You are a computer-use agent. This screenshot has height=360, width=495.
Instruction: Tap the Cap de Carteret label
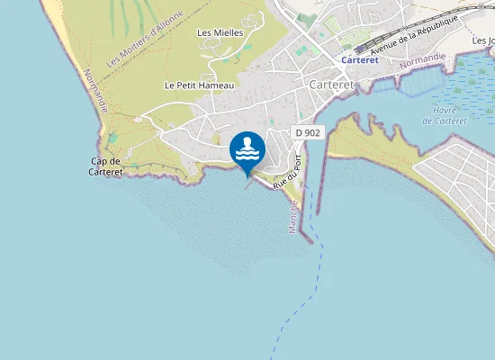pos(105,166)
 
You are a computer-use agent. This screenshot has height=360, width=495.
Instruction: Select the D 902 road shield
pos(307,132)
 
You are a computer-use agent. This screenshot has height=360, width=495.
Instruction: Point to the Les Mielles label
pos(220,33)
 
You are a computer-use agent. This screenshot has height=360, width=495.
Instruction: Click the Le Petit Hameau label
pos(199,85)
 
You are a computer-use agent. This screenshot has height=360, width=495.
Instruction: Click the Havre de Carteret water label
pos(444,115)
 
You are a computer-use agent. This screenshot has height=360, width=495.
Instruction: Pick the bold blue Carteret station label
pos(360,60)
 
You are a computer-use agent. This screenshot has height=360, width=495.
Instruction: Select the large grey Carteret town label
pos(331,84)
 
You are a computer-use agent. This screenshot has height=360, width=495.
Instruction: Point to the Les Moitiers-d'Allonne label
pos(144,39)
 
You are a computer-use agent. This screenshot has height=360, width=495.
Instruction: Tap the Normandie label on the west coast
pos(95,91)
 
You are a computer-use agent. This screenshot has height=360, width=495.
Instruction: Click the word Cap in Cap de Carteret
pos(98,161)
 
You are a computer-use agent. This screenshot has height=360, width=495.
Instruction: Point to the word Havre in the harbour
pos(444,110)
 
